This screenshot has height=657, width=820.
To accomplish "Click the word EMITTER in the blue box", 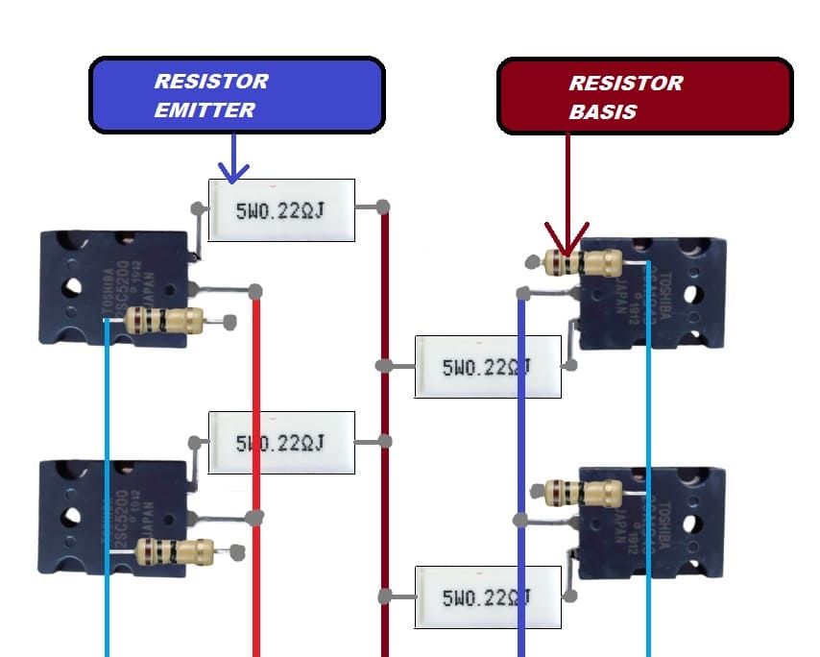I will click(205, 109).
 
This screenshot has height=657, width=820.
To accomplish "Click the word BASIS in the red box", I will click(602, 111).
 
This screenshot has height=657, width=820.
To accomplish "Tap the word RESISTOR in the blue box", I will click(211, 81).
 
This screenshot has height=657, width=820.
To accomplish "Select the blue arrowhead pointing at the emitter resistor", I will click(233, 170).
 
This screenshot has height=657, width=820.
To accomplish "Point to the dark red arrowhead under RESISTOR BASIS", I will click(567, 239).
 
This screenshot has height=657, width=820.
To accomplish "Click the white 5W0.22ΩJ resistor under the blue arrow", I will click(281, 209).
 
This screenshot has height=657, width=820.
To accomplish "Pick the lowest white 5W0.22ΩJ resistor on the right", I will click(488, 597).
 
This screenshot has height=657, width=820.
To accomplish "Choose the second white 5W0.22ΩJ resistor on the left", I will click(281, 443).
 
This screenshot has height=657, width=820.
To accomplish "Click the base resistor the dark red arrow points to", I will click(586, 262).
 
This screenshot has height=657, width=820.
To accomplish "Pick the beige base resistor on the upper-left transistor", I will click(165, 321).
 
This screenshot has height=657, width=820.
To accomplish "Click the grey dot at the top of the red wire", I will click(255, 291).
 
